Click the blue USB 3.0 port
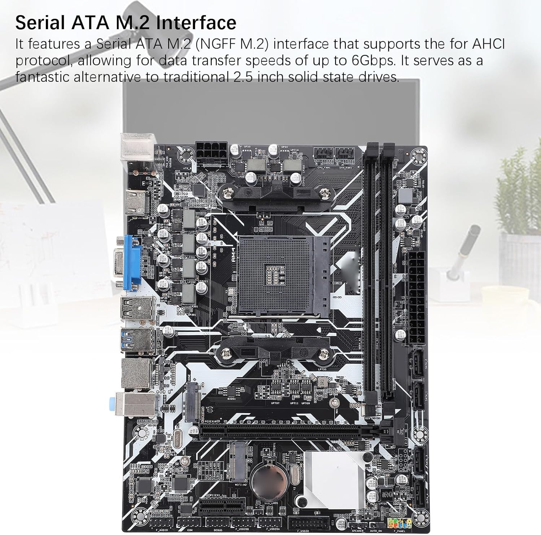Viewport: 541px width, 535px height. click(x=136, y=339)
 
